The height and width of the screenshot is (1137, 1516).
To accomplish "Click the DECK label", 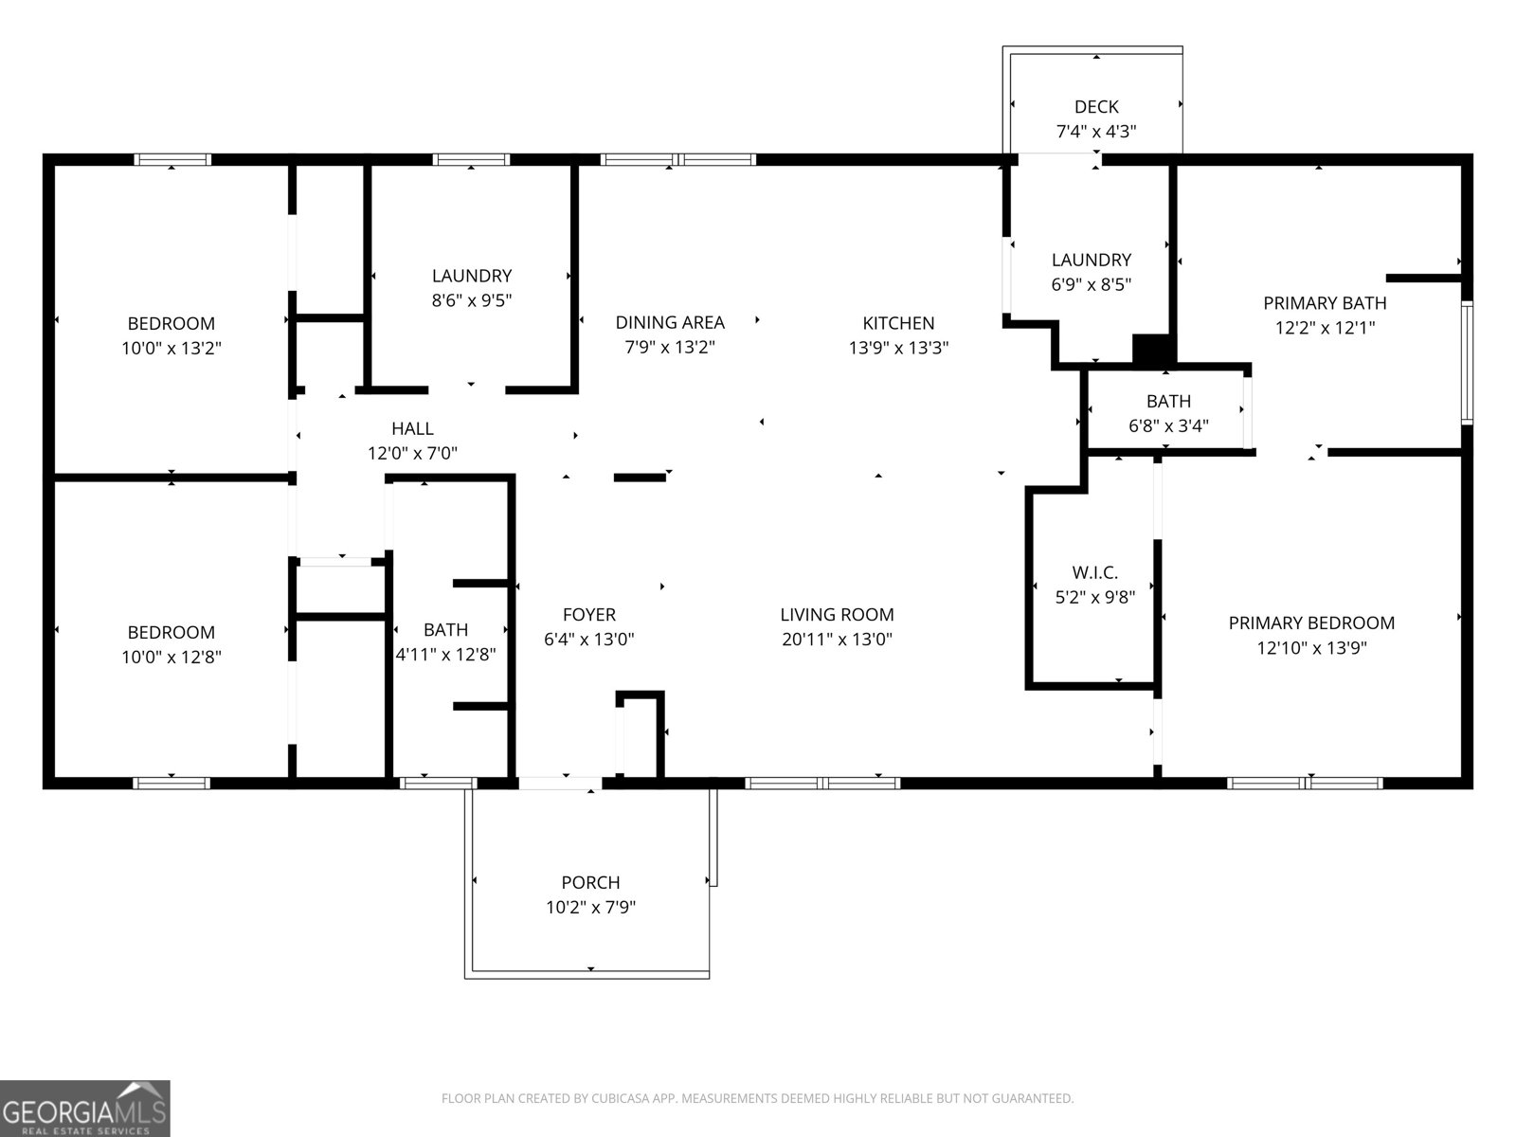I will coord(1096,107).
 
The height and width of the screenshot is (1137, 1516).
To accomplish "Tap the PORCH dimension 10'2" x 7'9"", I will coord(590,908).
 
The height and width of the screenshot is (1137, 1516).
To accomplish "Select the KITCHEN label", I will coord(898,323).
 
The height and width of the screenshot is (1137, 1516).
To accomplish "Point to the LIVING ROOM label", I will coord(837,615).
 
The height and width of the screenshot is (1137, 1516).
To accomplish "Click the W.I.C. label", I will coord(1094,572).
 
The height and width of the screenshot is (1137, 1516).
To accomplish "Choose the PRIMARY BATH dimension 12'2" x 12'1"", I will coord(1325,328).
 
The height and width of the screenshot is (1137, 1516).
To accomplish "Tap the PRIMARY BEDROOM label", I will coord(1311,623).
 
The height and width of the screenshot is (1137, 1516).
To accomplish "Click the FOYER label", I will coord(588,615).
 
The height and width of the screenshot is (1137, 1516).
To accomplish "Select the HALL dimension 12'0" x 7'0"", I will coord(412,454).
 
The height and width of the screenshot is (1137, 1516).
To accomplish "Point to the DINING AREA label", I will coord(670,323).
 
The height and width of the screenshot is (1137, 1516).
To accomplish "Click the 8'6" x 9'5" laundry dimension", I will coord(471,300).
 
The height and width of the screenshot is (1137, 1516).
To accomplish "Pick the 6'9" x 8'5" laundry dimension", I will coord(1091,284).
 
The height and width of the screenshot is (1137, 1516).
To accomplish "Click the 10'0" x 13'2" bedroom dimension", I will coord(171,348).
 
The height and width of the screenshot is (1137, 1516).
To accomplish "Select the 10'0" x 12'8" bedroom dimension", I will coord(171,657).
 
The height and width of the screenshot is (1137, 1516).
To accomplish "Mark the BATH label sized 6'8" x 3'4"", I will coord(1168,402).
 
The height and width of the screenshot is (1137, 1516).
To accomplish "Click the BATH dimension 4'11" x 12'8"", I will coord(445,655).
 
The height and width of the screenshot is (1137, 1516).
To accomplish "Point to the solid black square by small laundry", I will coord(1153,349).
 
